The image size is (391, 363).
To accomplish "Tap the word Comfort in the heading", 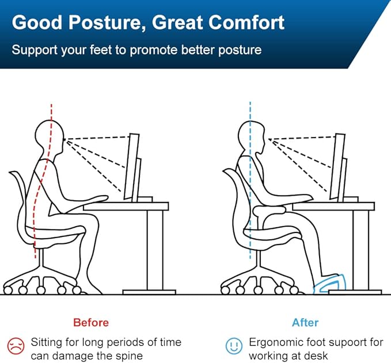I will [241, 22].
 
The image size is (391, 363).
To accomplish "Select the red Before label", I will [90, 322].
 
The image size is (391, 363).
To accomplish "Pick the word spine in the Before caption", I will [128, 356].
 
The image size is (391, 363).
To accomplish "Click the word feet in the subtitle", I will [100, 49].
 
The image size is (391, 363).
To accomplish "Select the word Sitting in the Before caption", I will [48, 342].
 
